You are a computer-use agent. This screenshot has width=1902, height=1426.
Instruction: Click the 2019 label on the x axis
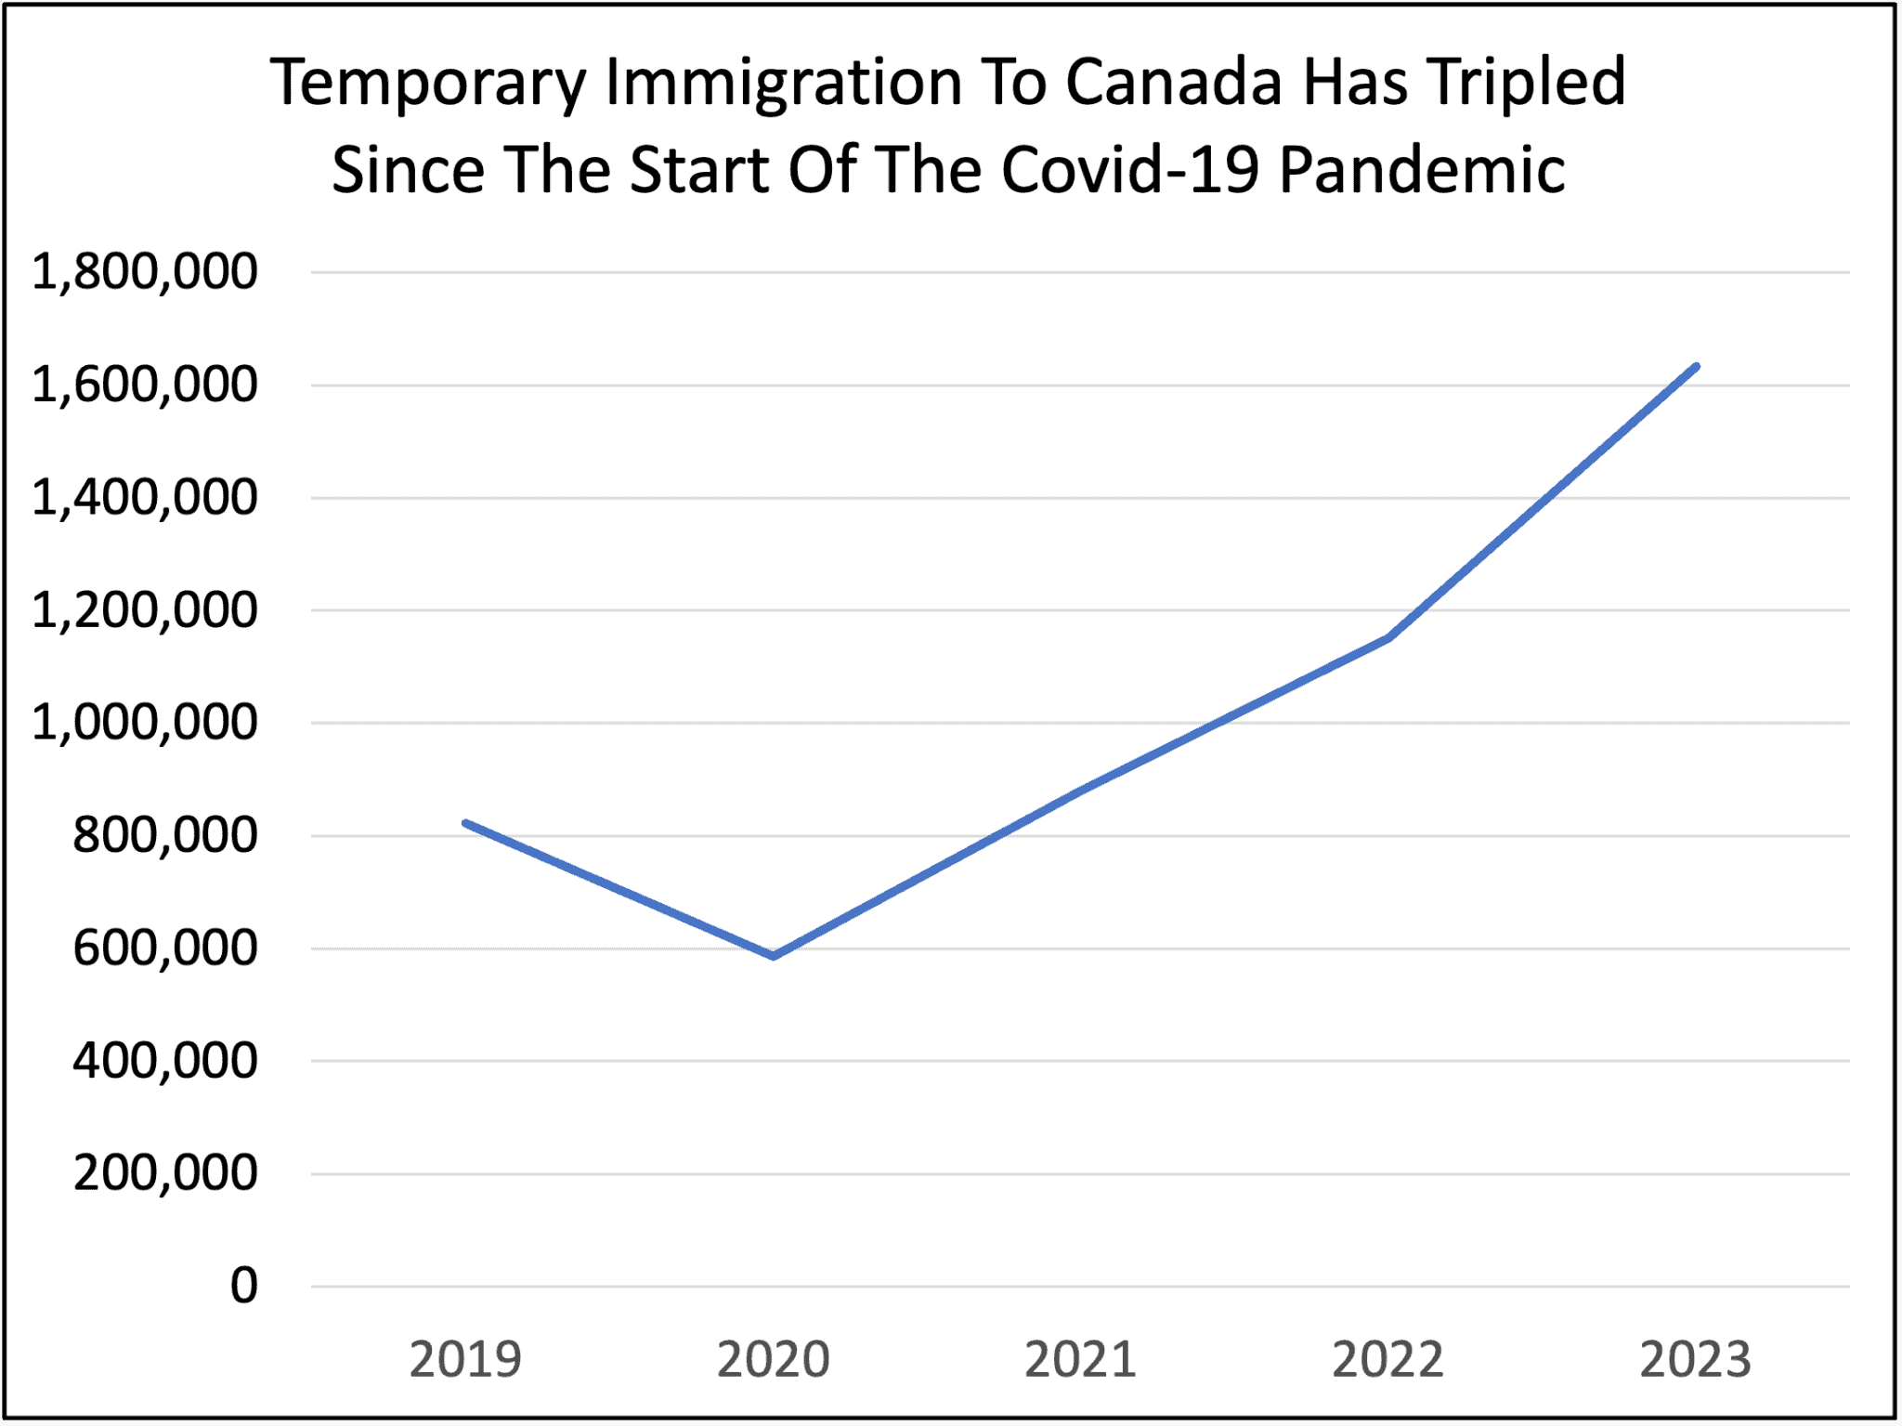point(465,1359)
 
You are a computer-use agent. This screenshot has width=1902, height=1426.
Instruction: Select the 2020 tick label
point(773,1359)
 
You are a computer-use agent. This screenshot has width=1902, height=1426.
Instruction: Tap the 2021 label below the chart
point(1080,1359)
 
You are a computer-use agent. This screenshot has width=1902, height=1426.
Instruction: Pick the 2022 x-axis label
point(1387,1359)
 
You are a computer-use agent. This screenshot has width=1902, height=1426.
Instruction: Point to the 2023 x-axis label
point(1695,1359)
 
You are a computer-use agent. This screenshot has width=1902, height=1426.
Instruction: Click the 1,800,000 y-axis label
point(144,272)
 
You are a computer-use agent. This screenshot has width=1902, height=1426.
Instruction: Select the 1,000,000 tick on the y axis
point(144,723)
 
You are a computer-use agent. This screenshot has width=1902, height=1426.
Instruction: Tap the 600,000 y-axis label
point(164,948)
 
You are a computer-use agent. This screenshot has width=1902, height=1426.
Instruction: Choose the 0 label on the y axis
point(244,1287)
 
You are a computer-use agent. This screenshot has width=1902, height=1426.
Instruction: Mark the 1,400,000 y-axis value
point(144,498)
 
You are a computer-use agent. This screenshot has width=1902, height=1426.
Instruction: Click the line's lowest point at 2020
point(774,955)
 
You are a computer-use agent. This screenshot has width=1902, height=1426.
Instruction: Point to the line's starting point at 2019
point(466,823)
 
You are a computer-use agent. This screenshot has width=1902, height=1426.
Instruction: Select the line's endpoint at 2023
point(1696,367)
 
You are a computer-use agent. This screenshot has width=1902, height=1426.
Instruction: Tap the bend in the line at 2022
point(1388,637)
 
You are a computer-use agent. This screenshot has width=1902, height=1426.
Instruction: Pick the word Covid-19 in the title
point(1130,170)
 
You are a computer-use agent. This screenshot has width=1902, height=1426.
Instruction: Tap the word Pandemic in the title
point(1422,170)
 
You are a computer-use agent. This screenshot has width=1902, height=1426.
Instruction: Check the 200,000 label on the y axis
point(164,1173)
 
